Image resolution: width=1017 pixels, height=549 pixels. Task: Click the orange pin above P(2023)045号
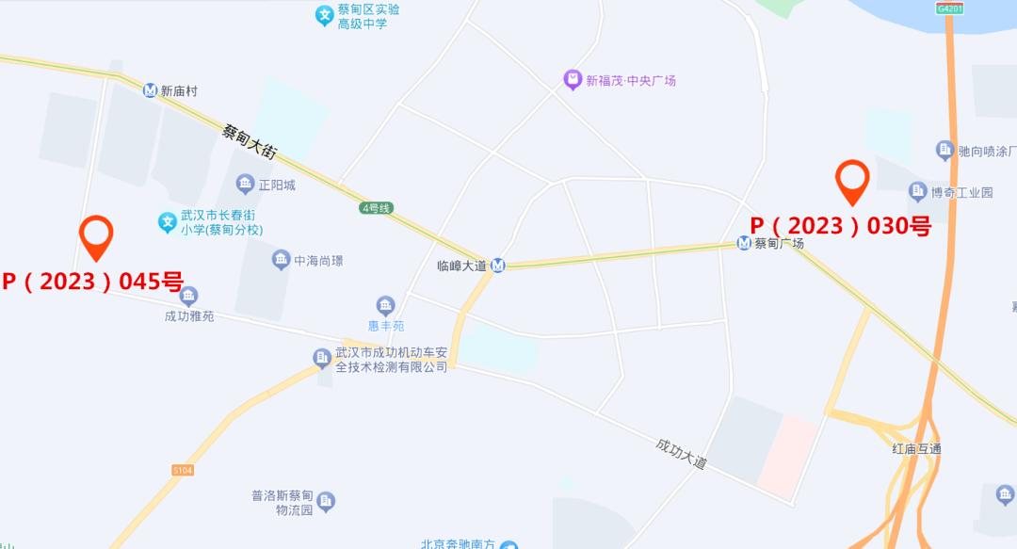(x=96, y=235)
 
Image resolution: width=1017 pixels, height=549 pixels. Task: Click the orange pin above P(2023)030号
(x=852, y=181)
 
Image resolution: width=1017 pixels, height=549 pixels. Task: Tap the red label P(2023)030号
(x=840, y=226)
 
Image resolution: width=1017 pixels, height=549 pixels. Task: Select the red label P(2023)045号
(x=92, y=281)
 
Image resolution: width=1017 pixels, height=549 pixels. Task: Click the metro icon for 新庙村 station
(x=150, y=90)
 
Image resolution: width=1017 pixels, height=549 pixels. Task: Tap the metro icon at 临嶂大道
(x=498, y=266)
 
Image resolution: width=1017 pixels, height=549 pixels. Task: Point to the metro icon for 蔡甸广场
(x=744, y=243)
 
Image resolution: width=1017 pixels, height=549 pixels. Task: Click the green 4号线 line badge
(x=375, y=208)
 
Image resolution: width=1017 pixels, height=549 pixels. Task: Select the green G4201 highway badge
(x=949, y=8)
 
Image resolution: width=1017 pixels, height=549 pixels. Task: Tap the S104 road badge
(x=183, y=469)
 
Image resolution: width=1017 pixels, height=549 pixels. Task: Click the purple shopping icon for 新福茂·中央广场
(x=572, y=80)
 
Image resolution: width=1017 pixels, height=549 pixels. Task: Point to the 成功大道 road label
(x=681, y=453)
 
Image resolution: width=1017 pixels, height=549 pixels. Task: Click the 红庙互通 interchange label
(x=916, y=448)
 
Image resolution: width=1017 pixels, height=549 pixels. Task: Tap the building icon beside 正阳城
(x=245, y=185)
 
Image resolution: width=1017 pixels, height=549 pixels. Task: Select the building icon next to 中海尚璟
(x=281, y=260)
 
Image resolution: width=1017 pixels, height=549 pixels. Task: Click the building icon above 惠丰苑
(x=385, y=305)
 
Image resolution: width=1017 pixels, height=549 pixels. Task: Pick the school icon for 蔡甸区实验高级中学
(x=324, y=15)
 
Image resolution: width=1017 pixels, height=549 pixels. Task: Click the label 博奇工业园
(x=961, y=192)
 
